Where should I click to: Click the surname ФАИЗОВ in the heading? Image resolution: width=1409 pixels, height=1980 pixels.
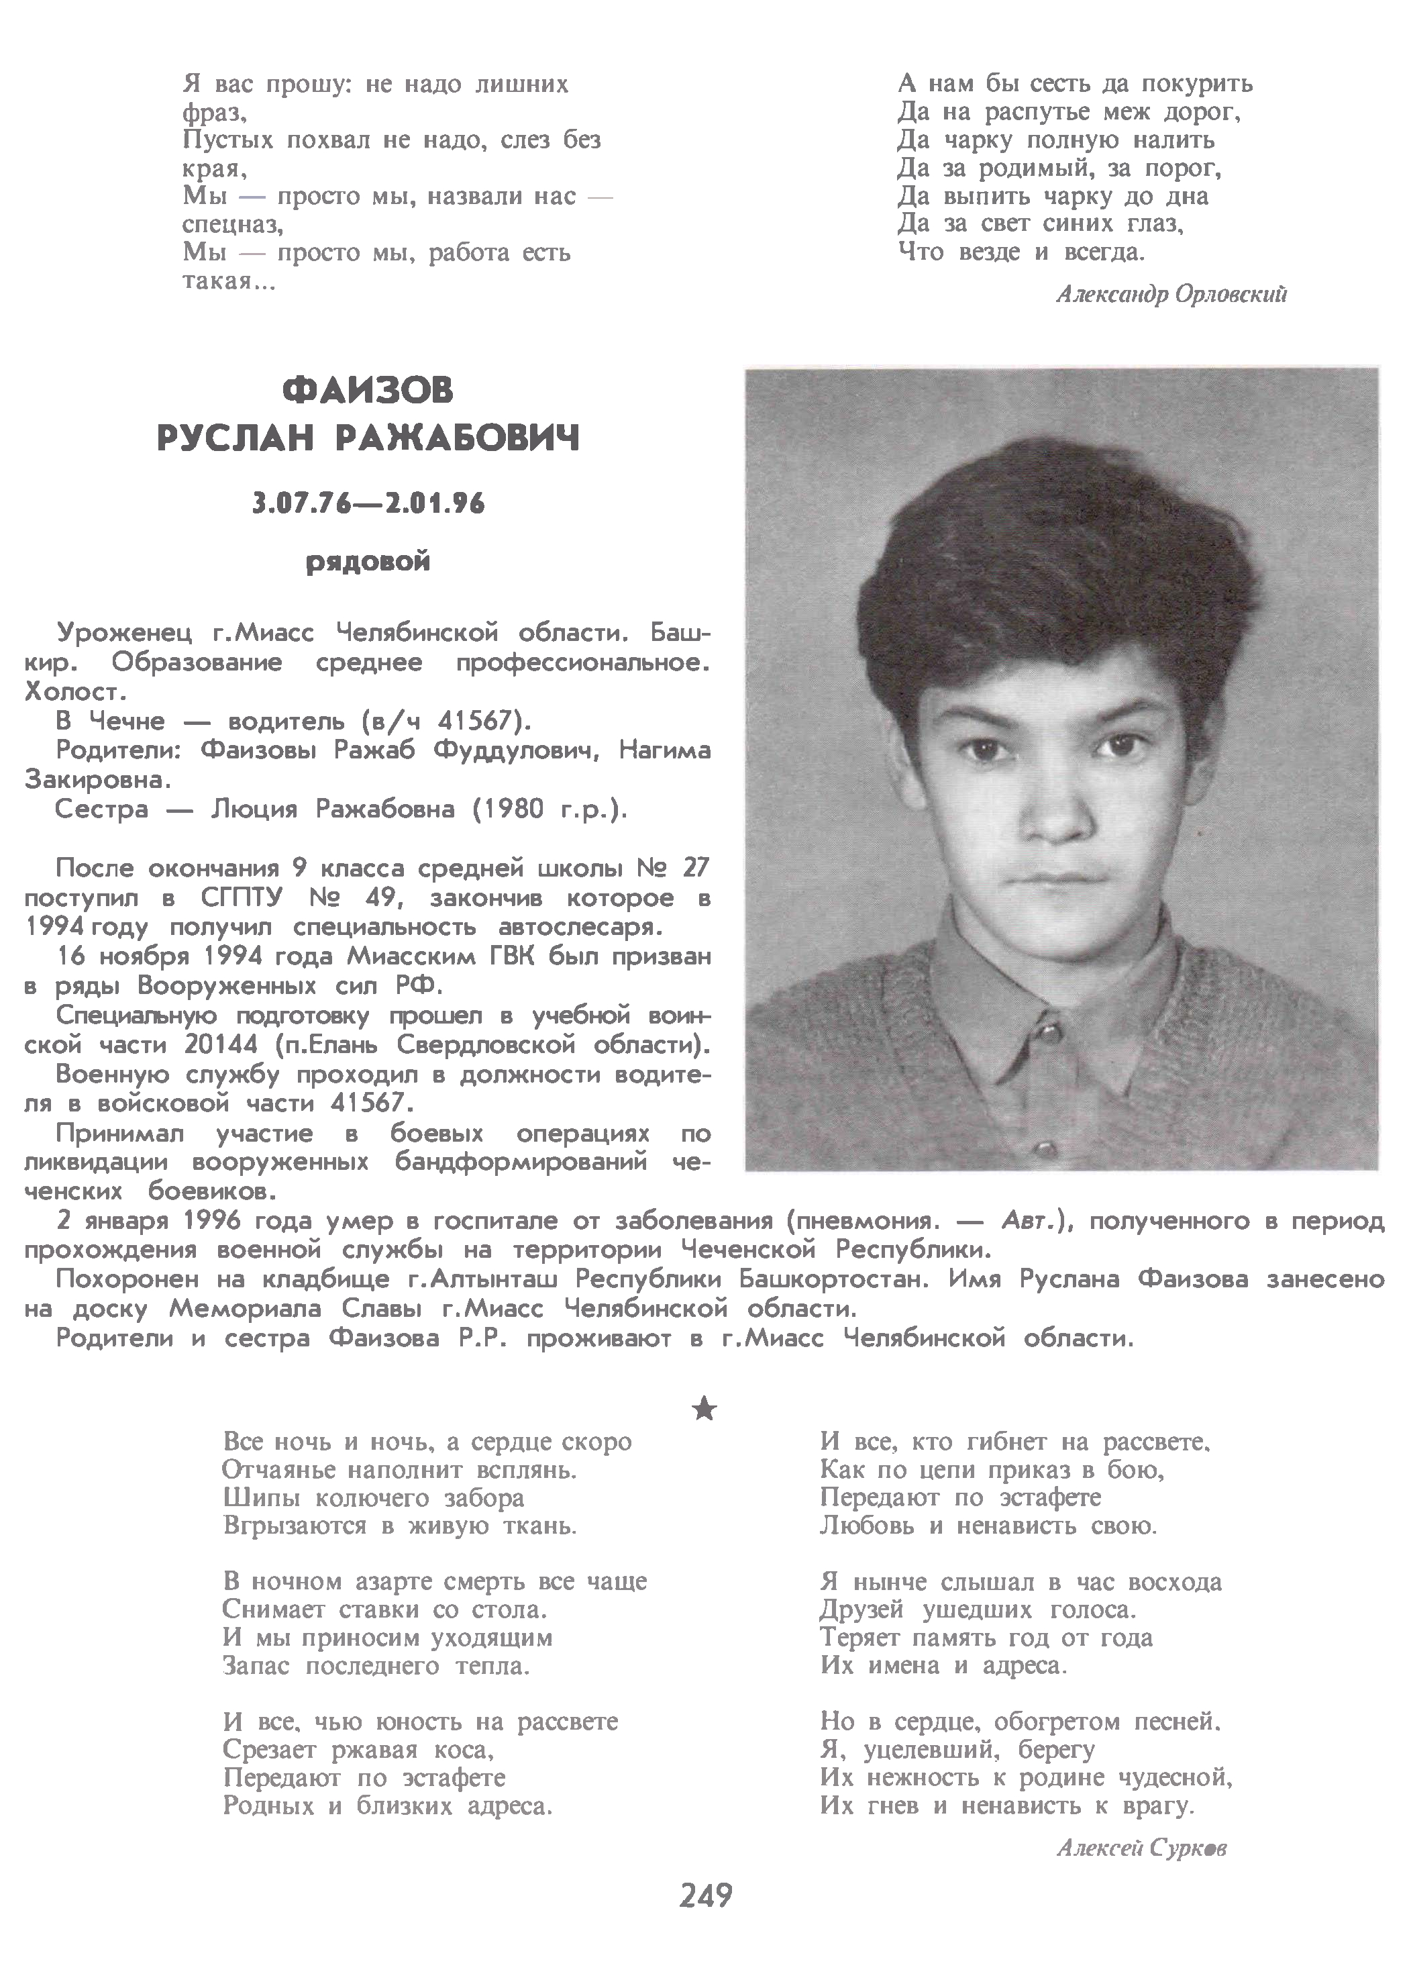pos(368,391)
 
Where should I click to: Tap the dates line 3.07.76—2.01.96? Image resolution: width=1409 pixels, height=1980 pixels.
pos(368,503)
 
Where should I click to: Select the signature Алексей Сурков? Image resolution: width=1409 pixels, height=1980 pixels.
pos(1141,1848)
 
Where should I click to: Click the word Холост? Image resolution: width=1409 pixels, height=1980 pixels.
pos(76,693)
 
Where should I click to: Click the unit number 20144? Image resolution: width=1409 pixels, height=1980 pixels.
pos(221,1044)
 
